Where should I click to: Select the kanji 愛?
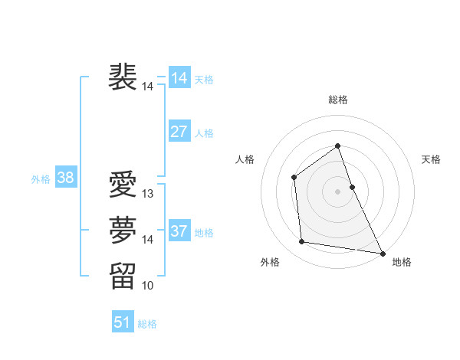123,184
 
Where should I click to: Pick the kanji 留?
123,275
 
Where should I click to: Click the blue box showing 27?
179,132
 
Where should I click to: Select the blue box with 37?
179,231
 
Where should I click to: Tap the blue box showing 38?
65,178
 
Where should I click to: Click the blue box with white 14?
179,78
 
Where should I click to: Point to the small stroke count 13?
148,195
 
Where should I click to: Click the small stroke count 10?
148,286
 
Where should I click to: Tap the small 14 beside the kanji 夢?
148,240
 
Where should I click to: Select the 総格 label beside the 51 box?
147,324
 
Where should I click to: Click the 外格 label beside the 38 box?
41,179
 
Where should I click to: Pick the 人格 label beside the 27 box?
204,133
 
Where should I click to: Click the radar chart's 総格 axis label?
337,100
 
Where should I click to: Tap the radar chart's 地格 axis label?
402,262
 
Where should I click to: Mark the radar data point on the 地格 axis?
383,253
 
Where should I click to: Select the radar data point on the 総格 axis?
337,146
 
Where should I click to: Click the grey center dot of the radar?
337,191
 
